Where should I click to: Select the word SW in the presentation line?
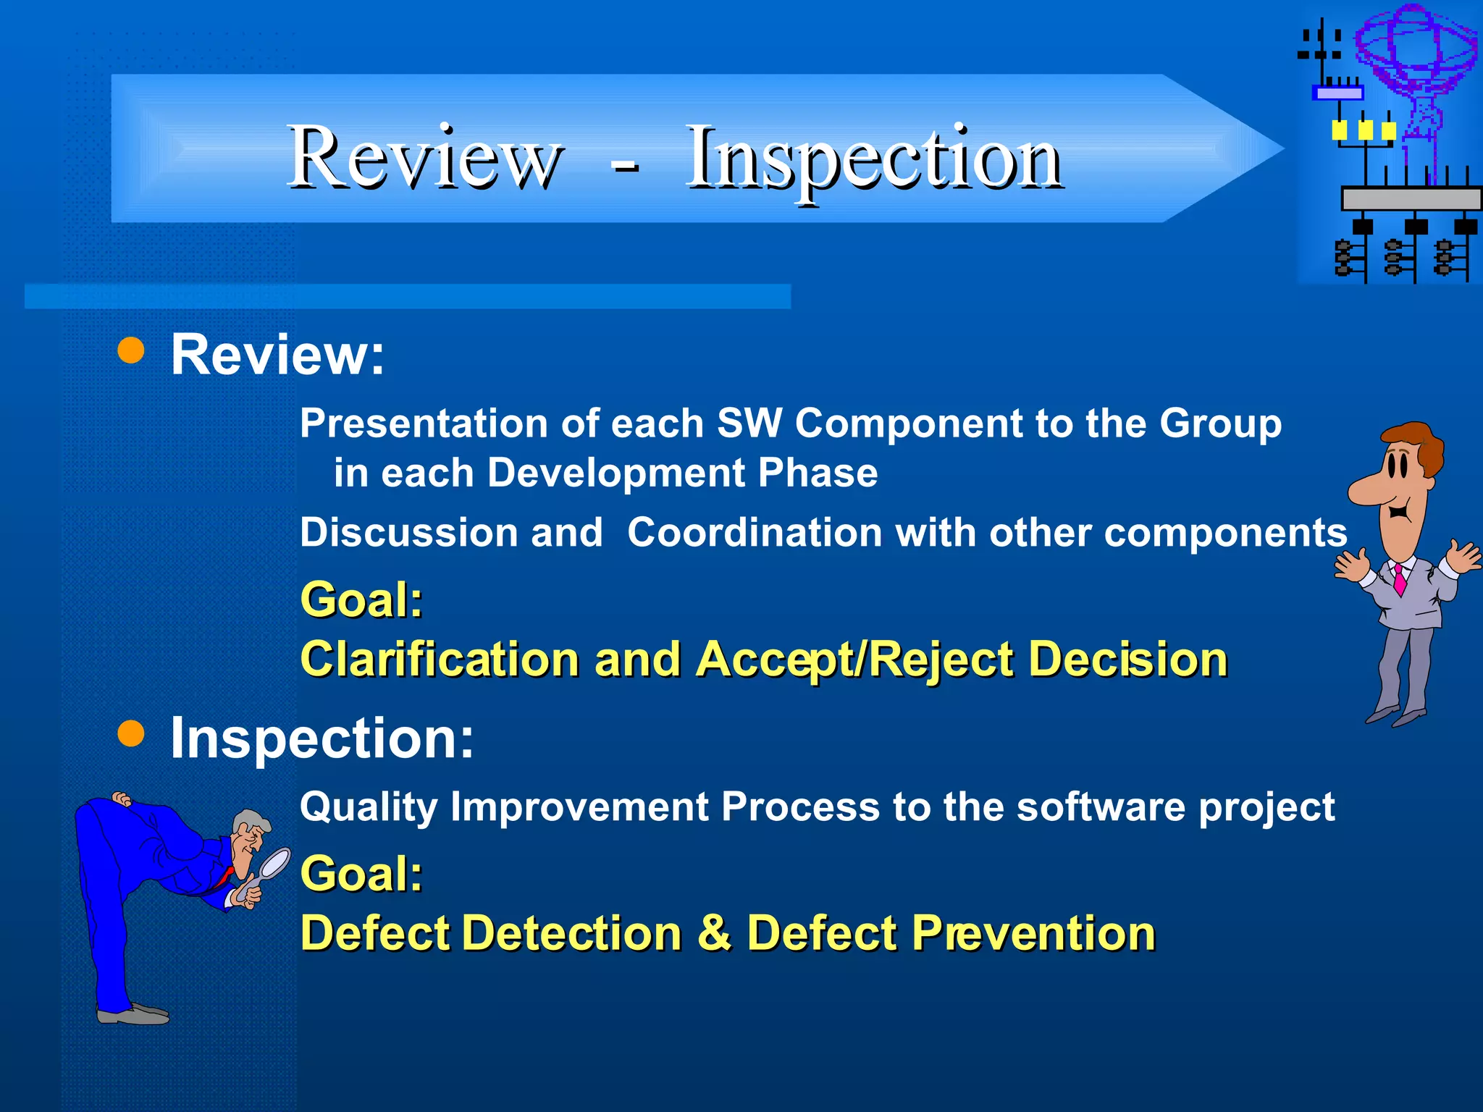point(749,424)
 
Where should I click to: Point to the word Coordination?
point(755,534)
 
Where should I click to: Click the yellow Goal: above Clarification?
point(361,600)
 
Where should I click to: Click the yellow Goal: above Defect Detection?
point(361,874)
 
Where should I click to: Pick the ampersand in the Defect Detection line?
point(714,932)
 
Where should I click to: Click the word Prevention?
point(1033,932)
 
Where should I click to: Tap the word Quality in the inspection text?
point(369,808)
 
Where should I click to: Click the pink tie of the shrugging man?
point(1400,579)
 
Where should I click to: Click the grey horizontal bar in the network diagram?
point(1411,198)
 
